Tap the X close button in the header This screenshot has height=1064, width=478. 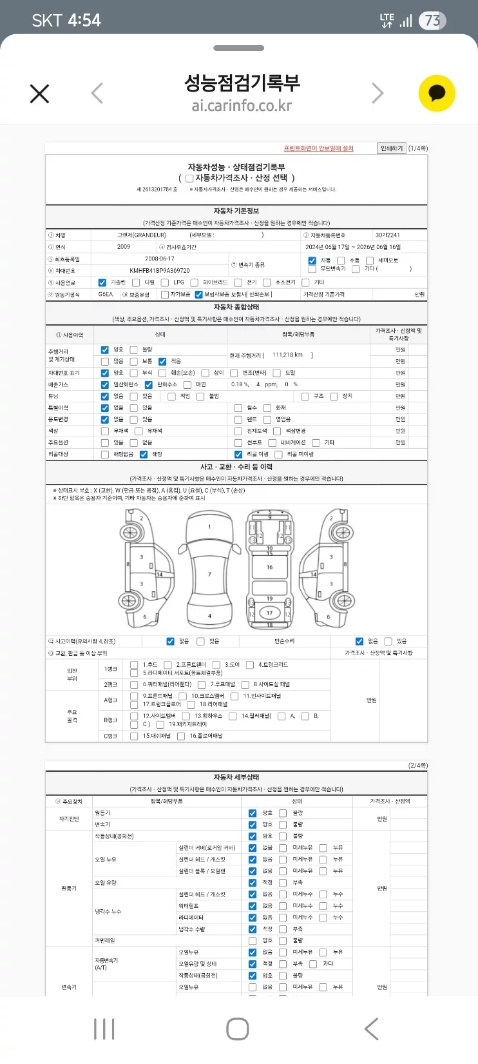(x=39, y=94)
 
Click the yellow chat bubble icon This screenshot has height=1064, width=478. (x=437, y=94)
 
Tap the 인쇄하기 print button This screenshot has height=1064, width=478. (x=392, y=148)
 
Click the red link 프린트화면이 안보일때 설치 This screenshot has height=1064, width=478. (x=319, y=148)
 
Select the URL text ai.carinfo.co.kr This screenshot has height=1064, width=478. (x=242, y=106)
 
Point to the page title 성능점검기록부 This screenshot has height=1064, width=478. (x=242, y=83)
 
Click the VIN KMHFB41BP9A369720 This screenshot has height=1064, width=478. (x=160, y=271)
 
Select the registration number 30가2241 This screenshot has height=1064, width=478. (x=388, y=235)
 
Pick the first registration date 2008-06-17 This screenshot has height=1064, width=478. (x=160, y=259)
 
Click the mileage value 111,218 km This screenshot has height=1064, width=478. (x=287, y=355)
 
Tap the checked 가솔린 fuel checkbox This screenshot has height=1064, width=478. (x=102, y=282)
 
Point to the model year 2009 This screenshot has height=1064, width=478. (x=124, y=247)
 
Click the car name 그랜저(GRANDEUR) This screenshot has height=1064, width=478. (x=142, y=235)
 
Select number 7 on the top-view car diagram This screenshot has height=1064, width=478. (x=209, y=575)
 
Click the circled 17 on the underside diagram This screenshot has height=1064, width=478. (x=269, y=613)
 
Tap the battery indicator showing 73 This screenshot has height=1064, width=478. (x=432, y=21)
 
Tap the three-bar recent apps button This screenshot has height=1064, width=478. (x=104, y=1029)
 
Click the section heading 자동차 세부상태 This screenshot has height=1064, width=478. (x=236, y=777)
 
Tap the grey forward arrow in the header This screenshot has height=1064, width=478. (x=378, y=94)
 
